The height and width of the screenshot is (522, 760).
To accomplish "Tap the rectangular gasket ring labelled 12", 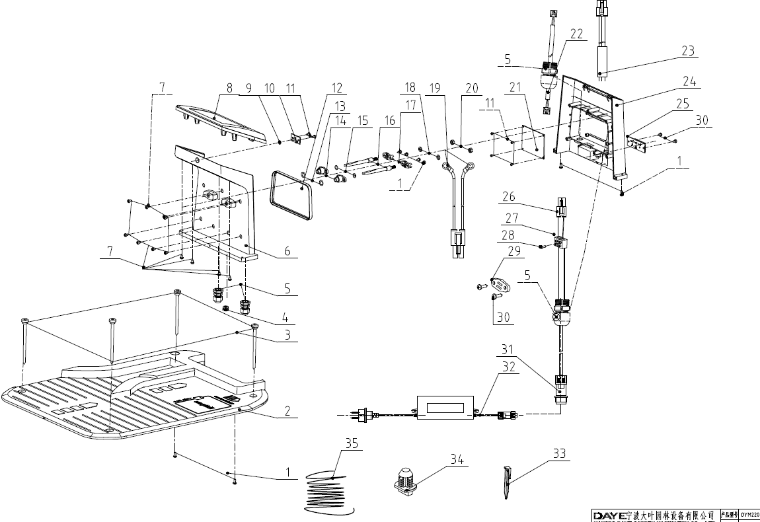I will point(291,193).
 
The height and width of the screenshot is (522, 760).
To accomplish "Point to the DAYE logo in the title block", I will point(610,514).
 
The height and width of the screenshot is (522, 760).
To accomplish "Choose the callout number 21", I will point(515,88).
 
